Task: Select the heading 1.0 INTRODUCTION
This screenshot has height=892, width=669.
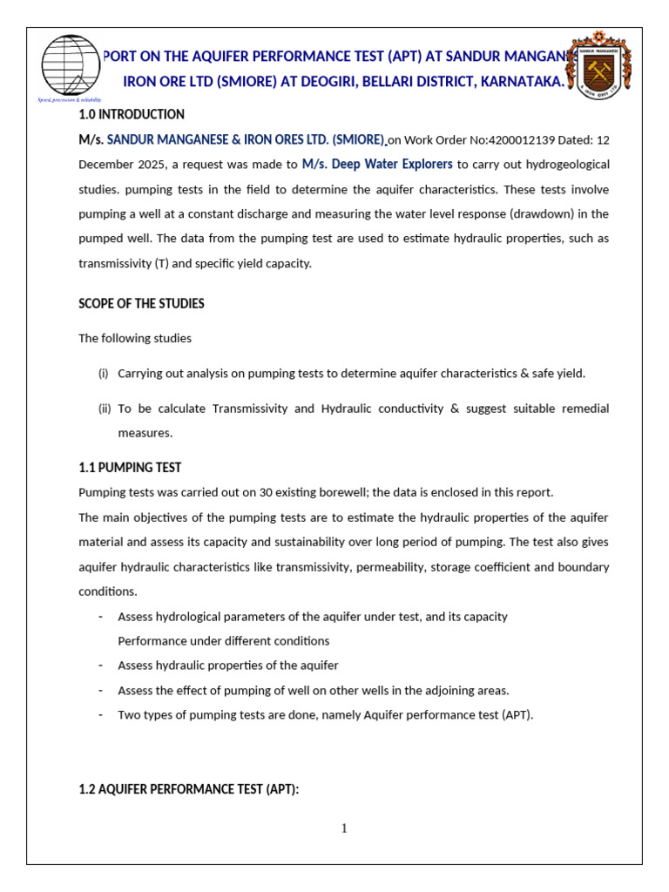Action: pyautogui.click(x=132, y=114)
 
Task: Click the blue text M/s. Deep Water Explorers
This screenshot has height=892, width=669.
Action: pyautogui.click(x=377, y=165)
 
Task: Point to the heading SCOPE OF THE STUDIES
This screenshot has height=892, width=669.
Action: pyautogui.click(x=142, y=303)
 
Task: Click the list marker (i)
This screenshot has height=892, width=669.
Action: pyautogui.click(x=103, y=373)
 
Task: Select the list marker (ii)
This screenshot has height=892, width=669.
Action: pyautogui.click(x=103, y=408)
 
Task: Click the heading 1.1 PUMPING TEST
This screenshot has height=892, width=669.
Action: pyautogui.click(x=130, y=468)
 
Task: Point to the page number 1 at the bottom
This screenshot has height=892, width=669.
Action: pyautogui.click(x=344, y=828)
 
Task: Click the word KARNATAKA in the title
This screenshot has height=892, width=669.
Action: pyautogui.click(x=526, y=82)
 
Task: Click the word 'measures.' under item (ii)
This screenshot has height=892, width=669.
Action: pyautogui.click(x=145, y=432)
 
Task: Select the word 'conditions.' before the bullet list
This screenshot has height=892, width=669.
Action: pyautogui.click(x=108, y=591)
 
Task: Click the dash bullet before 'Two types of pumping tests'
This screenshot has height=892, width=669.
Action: pyautogui.click(x=101, y=714)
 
